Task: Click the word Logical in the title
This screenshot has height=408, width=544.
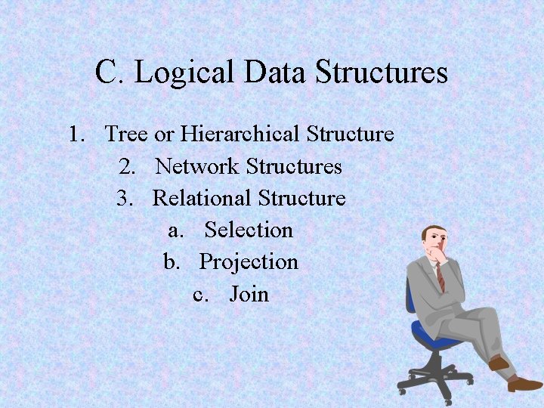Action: point(186,73)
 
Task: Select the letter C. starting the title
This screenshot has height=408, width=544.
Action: point(110,73)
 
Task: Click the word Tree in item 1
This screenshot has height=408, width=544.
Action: point(126,134)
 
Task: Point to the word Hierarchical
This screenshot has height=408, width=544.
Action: point(240,134)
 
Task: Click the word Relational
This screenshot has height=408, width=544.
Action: point(202,198)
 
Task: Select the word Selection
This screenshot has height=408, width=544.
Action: point(249,230)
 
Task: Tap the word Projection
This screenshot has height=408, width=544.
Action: point(249,261)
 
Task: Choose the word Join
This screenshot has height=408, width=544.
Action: point(249,293)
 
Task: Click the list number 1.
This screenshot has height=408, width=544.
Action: point(75,134)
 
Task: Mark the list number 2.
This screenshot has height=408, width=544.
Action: point(126,166)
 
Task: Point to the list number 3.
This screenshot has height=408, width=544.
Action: point(124,198)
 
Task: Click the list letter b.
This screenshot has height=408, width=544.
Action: point(172,261)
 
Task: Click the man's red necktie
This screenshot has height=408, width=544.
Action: point(440,277)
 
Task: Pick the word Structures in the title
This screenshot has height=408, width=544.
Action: point(382,73)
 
